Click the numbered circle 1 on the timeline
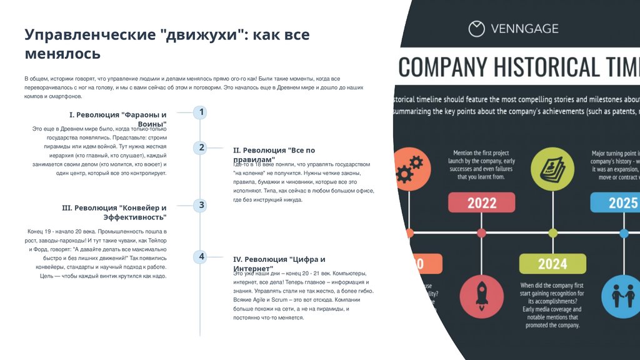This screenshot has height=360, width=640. (200, 112)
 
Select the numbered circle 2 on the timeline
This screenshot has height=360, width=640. (200, 148)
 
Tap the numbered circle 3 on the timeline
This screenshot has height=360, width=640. (200, 205)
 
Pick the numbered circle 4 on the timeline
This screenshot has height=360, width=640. (200, 256)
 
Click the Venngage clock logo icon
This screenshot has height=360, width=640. (477, 28)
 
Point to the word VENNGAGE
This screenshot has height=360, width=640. (525, 29)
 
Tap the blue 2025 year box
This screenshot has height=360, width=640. (619, 202)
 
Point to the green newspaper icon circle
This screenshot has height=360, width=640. (552, 167)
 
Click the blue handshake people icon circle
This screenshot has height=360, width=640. (621, 296)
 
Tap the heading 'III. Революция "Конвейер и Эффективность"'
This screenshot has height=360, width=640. (114, 212)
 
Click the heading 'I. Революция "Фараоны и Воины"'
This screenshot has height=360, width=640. (118, 119)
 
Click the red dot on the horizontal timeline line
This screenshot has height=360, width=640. (481, 233)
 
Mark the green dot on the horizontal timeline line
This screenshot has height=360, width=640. (552, 233)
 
